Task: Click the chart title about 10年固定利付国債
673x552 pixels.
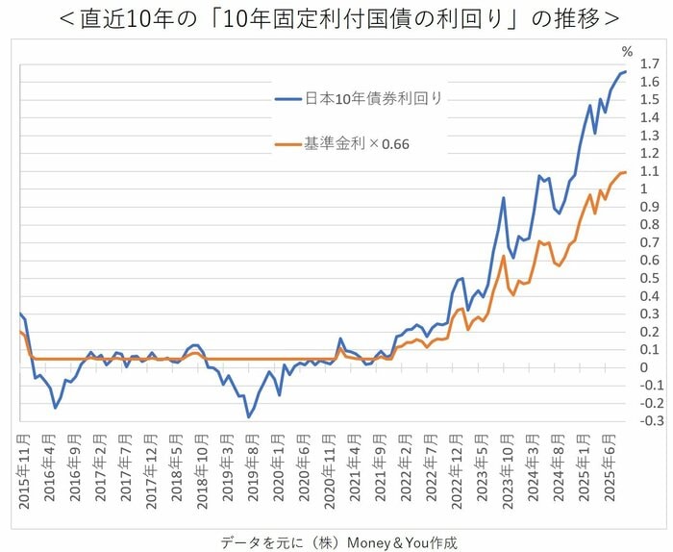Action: point(336,18)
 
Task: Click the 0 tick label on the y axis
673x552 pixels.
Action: point(644,367)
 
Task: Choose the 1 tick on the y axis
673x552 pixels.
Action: point(644,189)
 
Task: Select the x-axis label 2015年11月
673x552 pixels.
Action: point(24,471)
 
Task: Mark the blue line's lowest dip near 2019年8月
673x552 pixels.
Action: point(248,416)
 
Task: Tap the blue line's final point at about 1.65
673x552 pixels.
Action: point(626,72)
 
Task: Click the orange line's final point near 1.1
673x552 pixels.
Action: point(626,172)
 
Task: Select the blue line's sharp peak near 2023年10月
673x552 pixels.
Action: point(504,198)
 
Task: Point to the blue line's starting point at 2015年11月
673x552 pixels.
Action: point(19,314)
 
